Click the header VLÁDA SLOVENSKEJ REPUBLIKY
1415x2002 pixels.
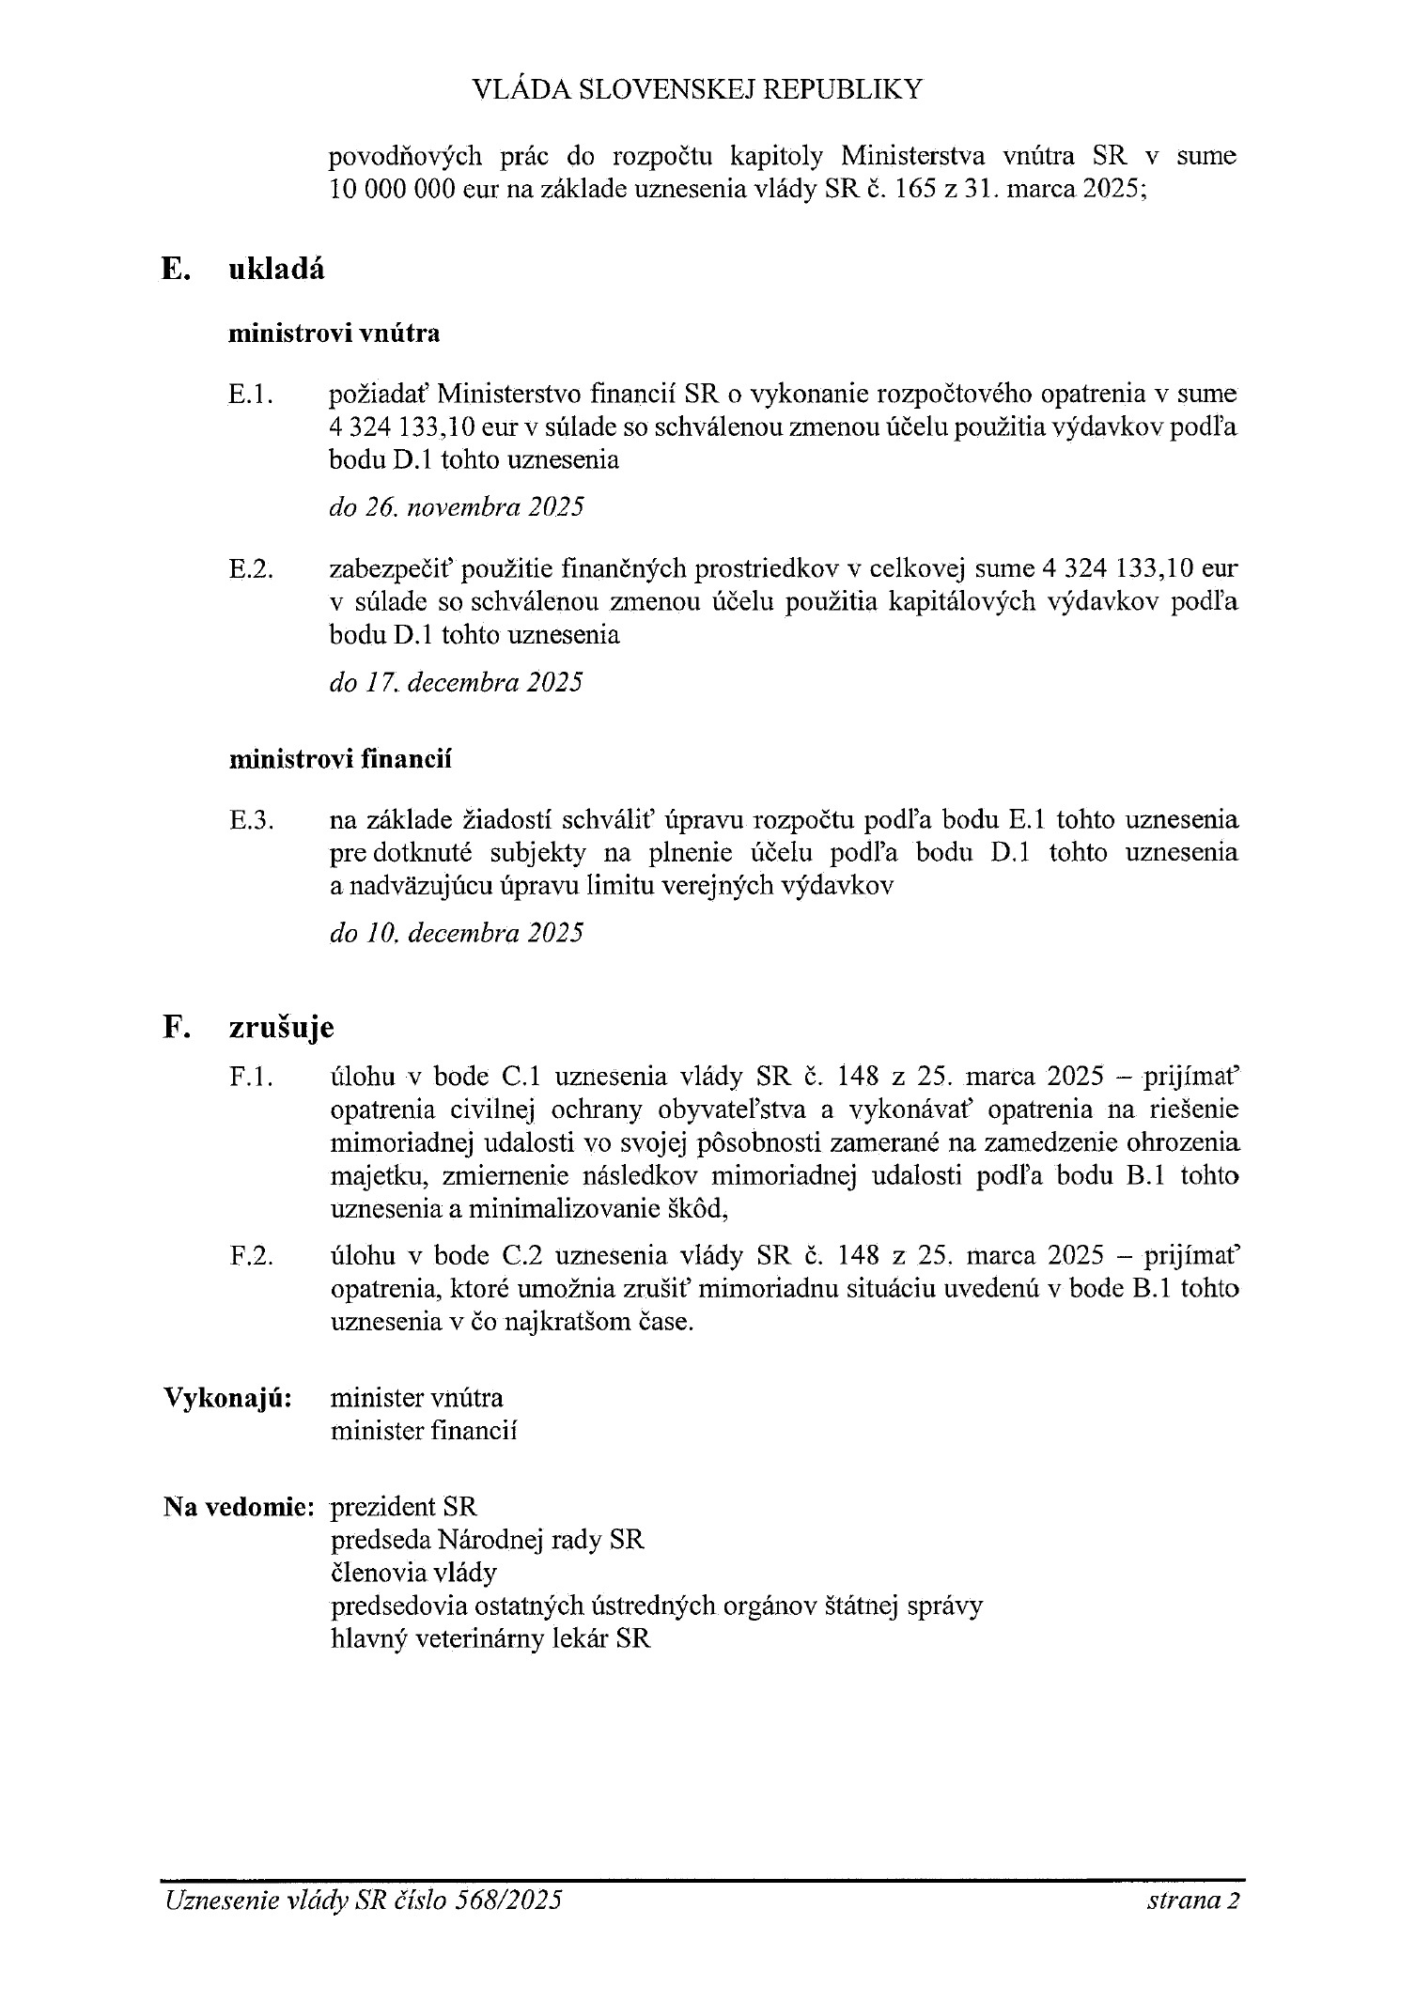click(x=696, y=89)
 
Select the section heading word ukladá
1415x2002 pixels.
click(x=276, y=270)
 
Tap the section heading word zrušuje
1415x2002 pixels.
click(x=281, y=1028)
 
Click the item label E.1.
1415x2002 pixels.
click(x=251, y=395)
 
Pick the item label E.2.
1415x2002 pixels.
click(x=251, y=569)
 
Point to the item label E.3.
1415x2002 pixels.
click(x=251, y=821)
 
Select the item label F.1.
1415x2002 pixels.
click(x=251, y=1078)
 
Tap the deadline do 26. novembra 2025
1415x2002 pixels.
click(x=457, y=507)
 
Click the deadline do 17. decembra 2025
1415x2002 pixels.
click(x=456, y=682)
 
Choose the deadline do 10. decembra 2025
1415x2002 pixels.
click(x=456, y=933)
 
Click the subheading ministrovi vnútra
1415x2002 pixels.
click(x=334, y=334)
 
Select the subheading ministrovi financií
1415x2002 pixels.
click(x=339, y=759)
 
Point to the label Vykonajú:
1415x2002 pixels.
click(x=227, y=1398)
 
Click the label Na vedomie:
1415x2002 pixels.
click(x=238, y=1507)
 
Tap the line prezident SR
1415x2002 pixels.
click(x=404, y=1507)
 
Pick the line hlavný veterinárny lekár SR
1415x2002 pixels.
click(x=490, y=1638)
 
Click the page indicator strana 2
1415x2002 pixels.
click(x=1193, y=1901)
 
